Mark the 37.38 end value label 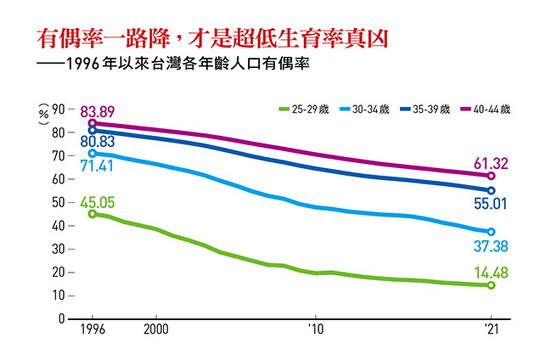[491, 245]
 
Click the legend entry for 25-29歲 [304, 109]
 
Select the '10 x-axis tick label [315, 329]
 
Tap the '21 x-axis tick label [491, 329]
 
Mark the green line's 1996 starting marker [93, 214]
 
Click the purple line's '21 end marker [491, 176]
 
